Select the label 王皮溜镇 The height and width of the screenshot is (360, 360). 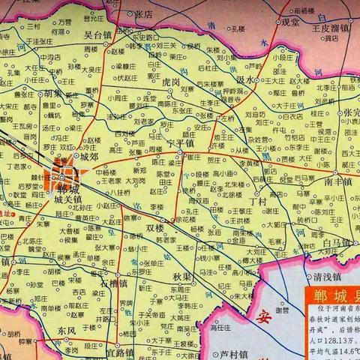331,28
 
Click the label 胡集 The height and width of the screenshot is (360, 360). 52,94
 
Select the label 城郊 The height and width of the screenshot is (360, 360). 89,157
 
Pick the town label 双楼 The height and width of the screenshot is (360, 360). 154,228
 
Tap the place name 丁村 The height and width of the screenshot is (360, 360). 259,202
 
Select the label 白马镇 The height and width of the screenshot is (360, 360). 336,243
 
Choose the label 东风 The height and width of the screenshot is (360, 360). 66,330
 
